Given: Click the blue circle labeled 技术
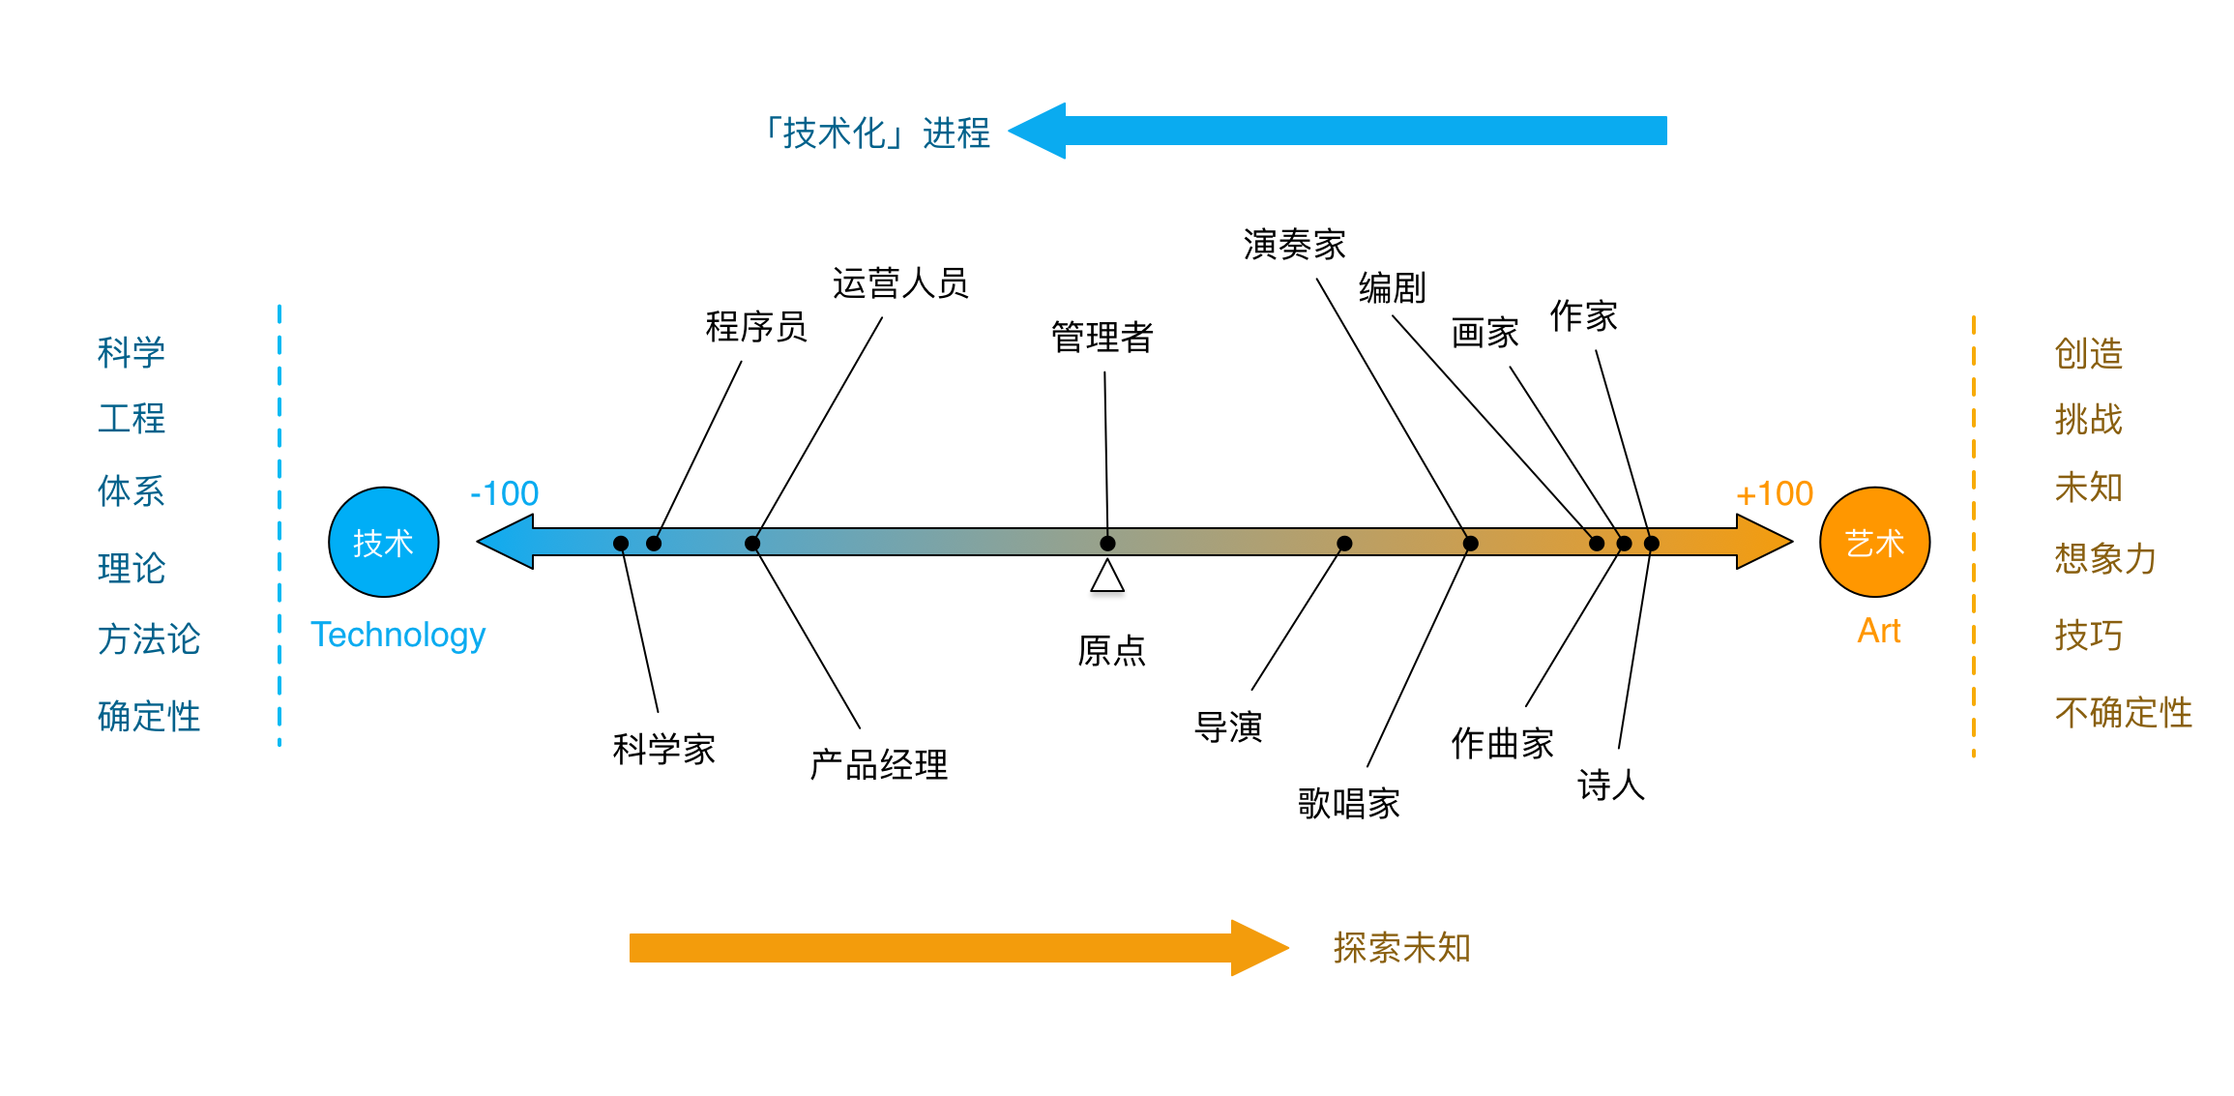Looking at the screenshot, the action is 384,542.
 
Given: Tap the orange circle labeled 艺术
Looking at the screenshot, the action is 1874,542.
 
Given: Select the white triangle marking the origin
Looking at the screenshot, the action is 1107,576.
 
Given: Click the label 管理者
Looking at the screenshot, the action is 1102,337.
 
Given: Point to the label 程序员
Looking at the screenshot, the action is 756,326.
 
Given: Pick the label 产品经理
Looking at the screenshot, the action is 879,765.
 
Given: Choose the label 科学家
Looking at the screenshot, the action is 664,749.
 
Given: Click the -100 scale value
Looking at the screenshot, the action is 504,493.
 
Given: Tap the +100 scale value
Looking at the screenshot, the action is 1775,493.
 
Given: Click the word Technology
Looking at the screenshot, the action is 397,635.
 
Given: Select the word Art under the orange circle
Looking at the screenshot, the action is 1879,631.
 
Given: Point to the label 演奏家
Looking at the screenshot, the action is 1295,245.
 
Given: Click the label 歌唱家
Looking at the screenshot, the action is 1349,803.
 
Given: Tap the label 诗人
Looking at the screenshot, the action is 1611,785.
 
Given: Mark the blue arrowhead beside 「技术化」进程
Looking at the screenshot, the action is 1037,131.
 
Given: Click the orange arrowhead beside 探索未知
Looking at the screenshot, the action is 1260,948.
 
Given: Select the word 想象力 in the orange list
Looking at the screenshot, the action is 2106,558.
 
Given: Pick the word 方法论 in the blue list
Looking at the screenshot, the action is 149,638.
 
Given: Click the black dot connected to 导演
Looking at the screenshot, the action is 1344,544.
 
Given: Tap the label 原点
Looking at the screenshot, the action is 1112,650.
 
